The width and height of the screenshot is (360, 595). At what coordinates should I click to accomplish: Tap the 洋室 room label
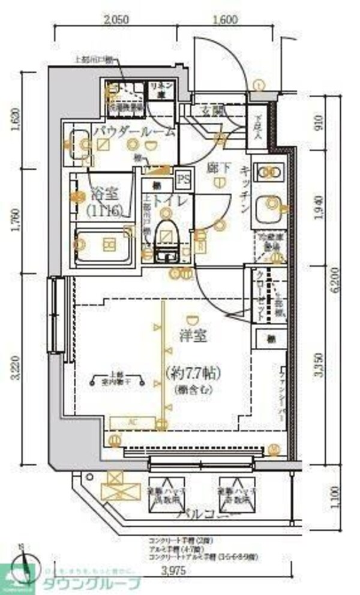193,336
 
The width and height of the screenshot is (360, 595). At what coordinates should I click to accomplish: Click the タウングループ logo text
90,584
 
